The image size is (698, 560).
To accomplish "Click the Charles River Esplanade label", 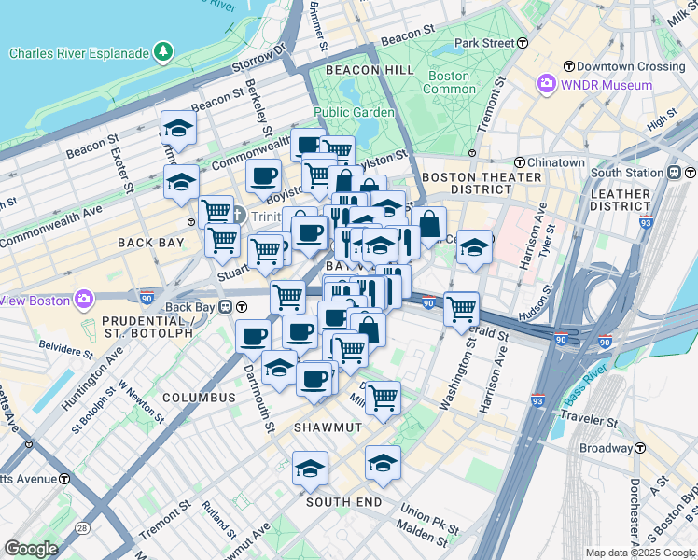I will tap(79, 53).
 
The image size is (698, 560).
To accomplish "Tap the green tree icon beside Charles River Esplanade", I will tap(163, 49).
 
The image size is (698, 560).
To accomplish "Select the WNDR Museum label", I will tap(606, 85).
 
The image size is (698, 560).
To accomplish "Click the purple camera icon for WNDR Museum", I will tap(547, 85).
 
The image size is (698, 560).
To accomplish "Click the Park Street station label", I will tap(485, 43).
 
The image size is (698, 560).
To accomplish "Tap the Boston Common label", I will tap(449, 82).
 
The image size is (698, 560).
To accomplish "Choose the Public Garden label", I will tap(354, 112).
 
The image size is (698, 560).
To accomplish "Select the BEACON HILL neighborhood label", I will tap(369, 70).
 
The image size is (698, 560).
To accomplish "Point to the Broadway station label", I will tap(607, 448).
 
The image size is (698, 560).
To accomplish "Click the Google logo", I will tap(31, 549).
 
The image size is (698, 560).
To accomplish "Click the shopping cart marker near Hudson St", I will tap(461, 309).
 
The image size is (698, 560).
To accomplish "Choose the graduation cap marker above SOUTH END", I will tap(383, 463).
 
